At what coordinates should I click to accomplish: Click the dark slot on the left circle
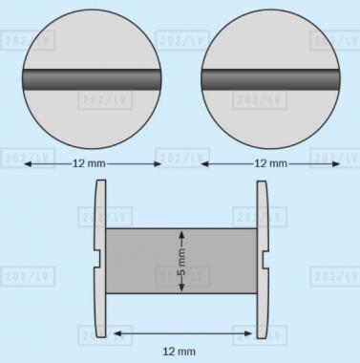click(92, 79)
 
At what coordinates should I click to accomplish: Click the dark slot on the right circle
click(270, 79)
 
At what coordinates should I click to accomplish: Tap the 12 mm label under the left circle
click(89, 163)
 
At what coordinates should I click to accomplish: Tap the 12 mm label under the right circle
click(270, 163)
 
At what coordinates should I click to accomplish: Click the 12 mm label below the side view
click(179, 352)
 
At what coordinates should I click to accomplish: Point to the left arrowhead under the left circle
click(28, 164)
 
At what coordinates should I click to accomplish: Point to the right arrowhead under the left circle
click(158, 164)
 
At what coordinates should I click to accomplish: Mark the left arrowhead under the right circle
click(205, 164)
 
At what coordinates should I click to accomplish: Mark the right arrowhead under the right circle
click(336, 164)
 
